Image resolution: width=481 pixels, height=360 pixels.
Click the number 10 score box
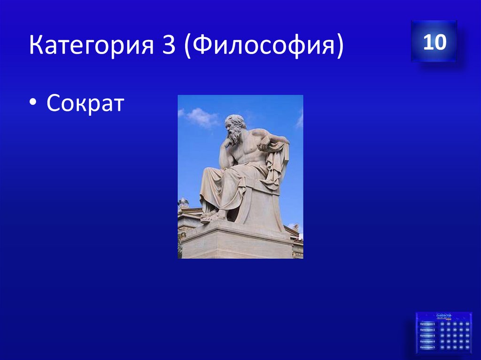coord(434,42)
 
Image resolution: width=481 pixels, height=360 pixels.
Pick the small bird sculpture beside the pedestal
coord(183,203)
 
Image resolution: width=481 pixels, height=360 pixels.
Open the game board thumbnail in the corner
coord(444,333)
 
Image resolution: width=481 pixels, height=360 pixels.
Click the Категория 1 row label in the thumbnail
coord(427,324)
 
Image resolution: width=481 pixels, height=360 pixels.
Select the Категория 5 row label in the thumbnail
coord(427,348)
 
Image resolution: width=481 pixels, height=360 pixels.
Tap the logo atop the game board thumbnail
coord(444,316)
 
